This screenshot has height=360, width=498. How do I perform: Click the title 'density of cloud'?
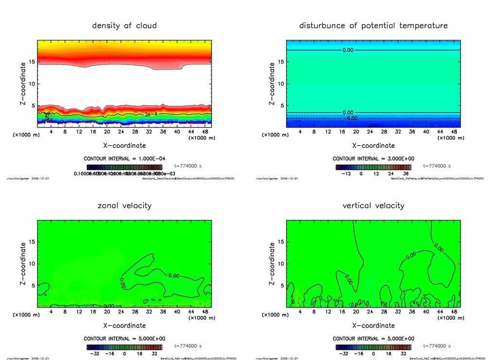tap(124, 26)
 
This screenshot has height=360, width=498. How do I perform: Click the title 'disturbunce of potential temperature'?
tap(373, 26)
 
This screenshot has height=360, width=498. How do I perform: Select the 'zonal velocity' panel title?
tap(124, 206)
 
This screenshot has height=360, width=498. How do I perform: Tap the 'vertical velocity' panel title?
tap(373, 206)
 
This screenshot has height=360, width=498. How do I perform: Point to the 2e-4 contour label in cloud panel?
tap(151, 114)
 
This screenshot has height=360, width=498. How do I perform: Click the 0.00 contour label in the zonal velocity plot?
tap(173, 276)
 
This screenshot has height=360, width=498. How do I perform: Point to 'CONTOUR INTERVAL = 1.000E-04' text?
tap(124, 159)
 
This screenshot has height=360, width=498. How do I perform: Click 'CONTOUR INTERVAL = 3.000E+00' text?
tap(373, 159)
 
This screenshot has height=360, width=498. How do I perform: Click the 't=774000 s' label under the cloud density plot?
tap(188, 166)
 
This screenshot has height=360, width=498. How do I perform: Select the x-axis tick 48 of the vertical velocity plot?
tap(454, 311)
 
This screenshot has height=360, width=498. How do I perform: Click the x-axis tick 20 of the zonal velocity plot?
tap(107, 311)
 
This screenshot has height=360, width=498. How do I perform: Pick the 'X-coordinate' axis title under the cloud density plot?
tap(124, 145)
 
